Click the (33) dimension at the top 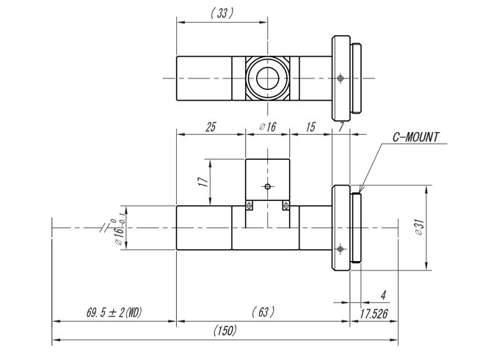222,13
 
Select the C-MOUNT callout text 416,137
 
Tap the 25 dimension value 211,127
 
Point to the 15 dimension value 310,127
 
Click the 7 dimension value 341,127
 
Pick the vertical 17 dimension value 203,182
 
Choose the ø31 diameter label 420,227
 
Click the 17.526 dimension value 374,314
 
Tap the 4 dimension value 383,295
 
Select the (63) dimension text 263,312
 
